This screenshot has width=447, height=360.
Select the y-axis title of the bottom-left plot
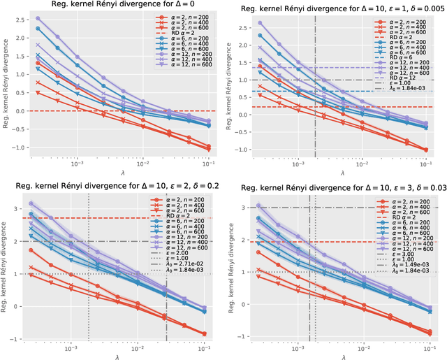coord(6,269)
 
